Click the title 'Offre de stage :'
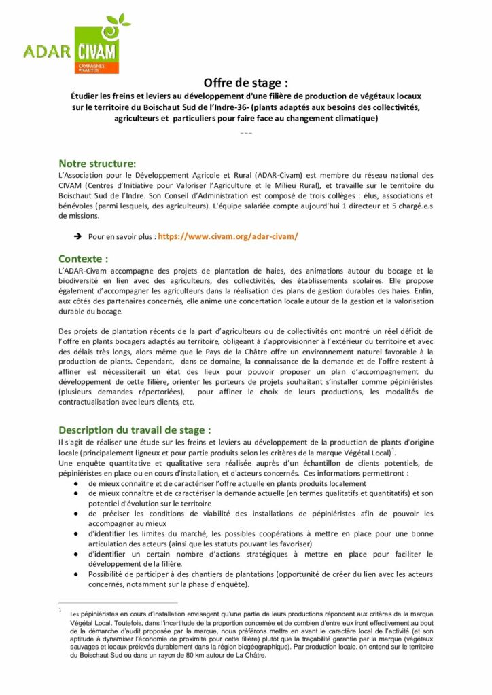[245, 83]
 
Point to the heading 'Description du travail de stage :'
[135, 430]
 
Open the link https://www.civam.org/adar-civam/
[228, 236]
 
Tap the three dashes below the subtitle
[245, 132]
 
